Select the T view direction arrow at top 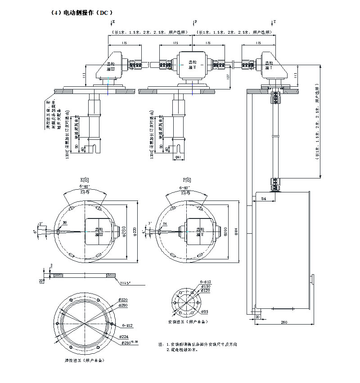tap(273, 22)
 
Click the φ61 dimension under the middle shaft tap(178, 157)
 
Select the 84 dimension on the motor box tap(263, 197)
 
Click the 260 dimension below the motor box tap(283, 322)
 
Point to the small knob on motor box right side tap(311, 280)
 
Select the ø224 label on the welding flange tap(122, 336)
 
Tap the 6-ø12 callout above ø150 tap(205, 281)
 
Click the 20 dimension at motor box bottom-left tap(258, 317)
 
